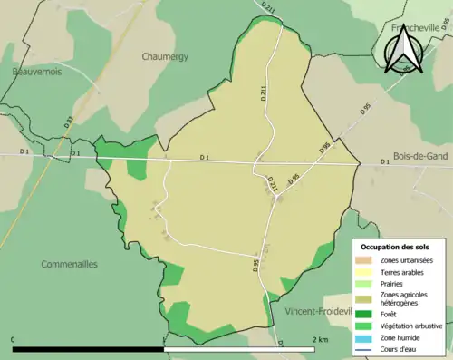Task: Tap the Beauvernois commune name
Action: [36, 72]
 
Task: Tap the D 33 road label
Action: [69, 119]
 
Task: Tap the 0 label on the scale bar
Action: [14, 340]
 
